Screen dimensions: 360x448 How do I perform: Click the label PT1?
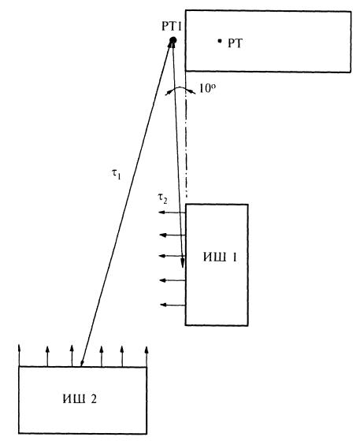click(x=172, y=27)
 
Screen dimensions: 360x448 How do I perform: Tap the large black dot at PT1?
click(x=173, y=40)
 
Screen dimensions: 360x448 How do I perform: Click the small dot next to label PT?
click(x=220, y=41)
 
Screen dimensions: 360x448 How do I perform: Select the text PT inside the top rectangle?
click(x=235, y=43)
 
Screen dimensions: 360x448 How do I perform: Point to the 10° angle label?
click(x=207, y=88)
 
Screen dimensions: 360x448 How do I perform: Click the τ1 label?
click(x=117, y=173)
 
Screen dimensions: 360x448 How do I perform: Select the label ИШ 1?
click(x=220, y=257)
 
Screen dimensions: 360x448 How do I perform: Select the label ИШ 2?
click(x=80, y=399)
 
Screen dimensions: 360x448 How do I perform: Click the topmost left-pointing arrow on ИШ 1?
click(x=173, y=213)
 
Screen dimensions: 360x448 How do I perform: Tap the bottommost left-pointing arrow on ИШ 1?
click(x=173, y=305)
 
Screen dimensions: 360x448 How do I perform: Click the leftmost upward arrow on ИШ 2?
click(x=19, y=355)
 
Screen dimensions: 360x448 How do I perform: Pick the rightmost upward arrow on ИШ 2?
click(x=147, y=357)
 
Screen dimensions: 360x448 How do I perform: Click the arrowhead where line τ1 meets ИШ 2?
click(x=83, y=361)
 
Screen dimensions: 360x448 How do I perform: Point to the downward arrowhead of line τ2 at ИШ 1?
click(x=182, y=264)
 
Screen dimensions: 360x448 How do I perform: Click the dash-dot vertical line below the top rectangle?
click(x=186, y=134)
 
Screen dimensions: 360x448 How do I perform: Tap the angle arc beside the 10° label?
click(x=180, y=88)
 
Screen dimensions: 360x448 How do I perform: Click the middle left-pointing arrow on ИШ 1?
click(x=173, y=256)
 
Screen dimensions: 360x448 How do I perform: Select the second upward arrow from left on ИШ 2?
click(x=47, y=356)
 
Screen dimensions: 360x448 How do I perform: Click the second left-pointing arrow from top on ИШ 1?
click(x=173, y=235)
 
